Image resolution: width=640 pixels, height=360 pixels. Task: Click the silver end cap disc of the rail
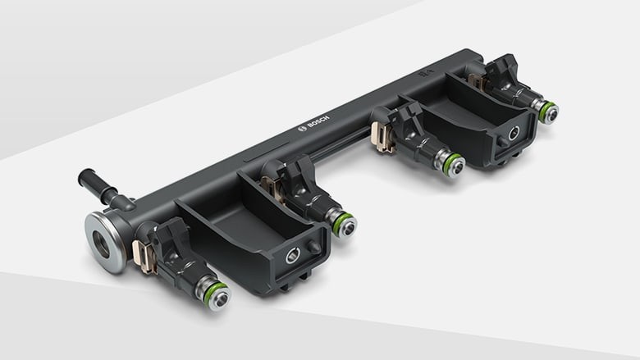[105, 241]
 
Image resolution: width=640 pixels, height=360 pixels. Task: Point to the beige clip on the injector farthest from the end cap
[476, 80]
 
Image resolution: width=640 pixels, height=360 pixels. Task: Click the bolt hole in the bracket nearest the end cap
[293, 257]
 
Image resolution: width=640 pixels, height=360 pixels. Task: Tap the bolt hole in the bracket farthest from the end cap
[513, 133]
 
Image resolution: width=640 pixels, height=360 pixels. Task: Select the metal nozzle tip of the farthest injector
[551, 114]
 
